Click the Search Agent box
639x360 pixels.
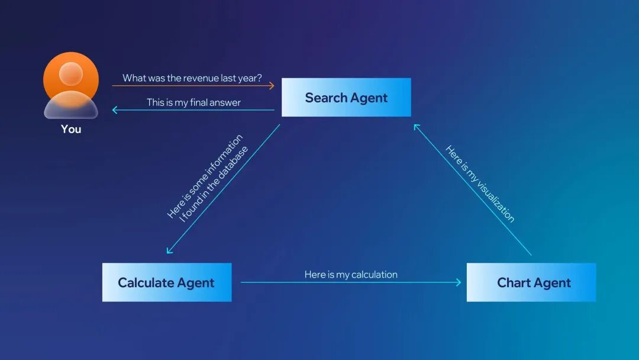click(x=346, y=98)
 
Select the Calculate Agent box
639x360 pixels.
click(x=166, y=282)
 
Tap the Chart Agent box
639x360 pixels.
click(x=531, y=282)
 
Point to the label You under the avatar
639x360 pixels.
click(x=71, y=129)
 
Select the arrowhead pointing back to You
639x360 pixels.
click(x=115, y=110)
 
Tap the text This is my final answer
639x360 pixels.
click(x=193, y=102)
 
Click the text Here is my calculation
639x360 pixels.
click(x=351, y=274)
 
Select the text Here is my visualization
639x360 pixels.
click(x=480, y=184)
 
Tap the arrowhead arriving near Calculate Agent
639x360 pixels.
click(x=170, y=250)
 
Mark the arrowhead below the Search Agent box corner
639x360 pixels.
click(x=417, y=127)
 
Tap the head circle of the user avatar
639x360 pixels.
click(x=71, y=73)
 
